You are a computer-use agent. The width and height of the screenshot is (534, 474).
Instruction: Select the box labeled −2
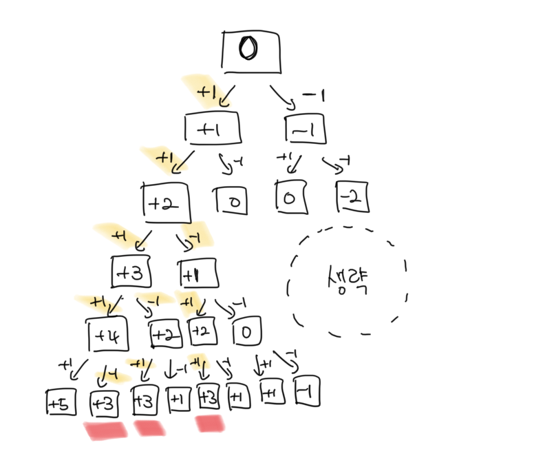click(352, 198)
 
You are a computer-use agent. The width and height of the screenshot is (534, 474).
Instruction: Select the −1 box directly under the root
click(304, 130)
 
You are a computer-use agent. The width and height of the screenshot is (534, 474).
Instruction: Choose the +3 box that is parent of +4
click(131, 272)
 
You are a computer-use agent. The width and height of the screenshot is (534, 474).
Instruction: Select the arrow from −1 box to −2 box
click(333, 166)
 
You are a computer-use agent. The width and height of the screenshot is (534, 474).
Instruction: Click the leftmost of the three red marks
click(105, 431)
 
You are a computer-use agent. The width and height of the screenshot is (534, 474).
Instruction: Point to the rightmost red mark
click(211, 424)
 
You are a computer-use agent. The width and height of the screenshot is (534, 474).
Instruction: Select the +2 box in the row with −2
click(165, 203)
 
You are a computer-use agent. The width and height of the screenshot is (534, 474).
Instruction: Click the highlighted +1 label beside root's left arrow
click(206, 90)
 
